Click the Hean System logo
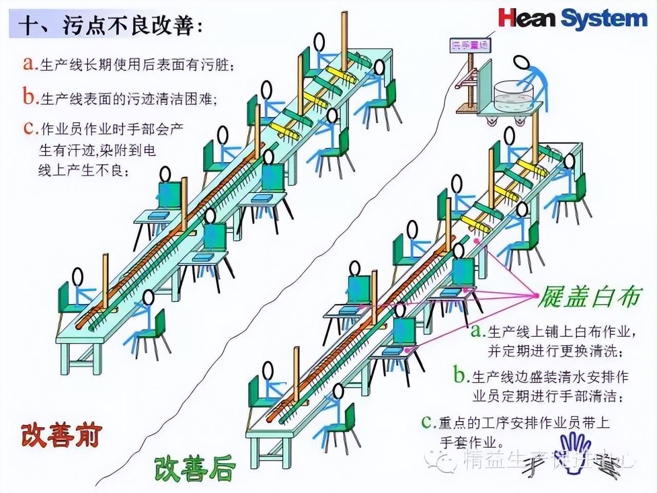(572, 19)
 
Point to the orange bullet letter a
(30, 64)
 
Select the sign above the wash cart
(470, 45)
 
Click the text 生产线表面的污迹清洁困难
(128, 98)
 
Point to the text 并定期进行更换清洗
(555, 351)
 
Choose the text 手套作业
(471, 442)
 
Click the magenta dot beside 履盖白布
(536, 295)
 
